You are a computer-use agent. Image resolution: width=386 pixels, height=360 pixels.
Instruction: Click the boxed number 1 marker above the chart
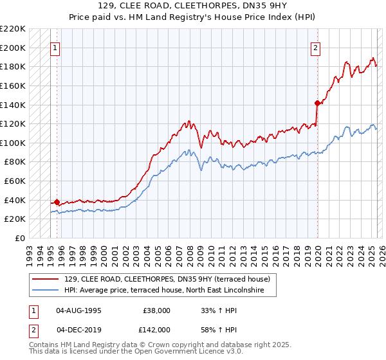point(55,48)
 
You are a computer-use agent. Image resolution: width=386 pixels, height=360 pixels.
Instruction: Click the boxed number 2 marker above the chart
point(316,48)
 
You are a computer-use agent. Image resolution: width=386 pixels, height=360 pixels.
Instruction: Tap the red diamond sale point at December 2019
point(317,103)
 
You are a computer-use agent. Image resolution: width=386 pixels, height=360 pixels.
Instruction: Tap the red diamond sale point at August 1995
point(57,202)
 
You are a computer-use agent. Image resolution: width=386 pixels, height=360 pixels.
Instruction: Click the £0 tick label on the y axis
point(21,238)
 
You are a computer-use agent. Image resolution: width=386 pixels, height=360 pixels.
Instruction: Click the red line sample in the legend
point(46,279)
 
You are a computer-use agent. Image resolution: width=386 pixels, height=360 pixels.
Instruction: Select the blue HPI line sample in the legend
point(46,291)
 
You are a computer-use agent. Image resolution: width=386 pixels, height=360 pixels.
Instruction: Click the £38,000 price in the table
point(156,310)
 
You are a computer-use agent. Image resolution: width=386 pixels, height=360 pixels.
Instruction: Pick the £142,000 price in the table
point(156,330)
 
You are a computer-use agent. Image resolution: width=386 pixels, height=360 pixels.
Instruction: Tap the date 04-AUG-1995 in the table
point(78,310)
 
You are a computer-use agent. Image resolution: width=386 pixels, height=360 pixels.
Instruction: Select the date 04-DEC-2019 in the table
point(78,330)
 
